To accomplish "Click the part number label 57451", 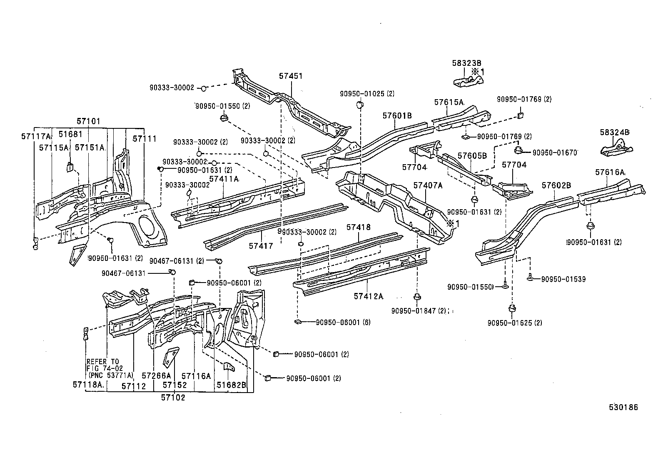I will (291, 76).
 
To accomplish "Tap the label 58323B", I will (466, 63).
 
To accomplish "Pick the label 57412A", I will (368, 296).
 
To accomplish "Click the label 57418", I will (358, 228).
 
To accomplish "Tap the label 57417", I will (261, 246).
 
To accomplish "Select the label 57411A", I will (224, 179).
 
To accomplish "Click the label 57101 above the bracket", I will (88, 122).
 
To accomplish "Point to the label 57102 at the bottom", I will (173, 398).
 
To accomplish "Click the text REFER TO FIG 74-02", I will (103, 365).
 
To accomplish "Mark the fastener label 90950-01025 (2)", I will (366, 94).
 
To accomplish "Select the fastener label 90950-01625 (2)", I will (515, 323).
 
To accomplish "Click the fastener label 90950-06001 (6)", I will (343, 322).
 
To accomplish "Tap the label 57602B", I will (556, 185).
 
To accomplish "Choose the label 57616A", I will (610, 172).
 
